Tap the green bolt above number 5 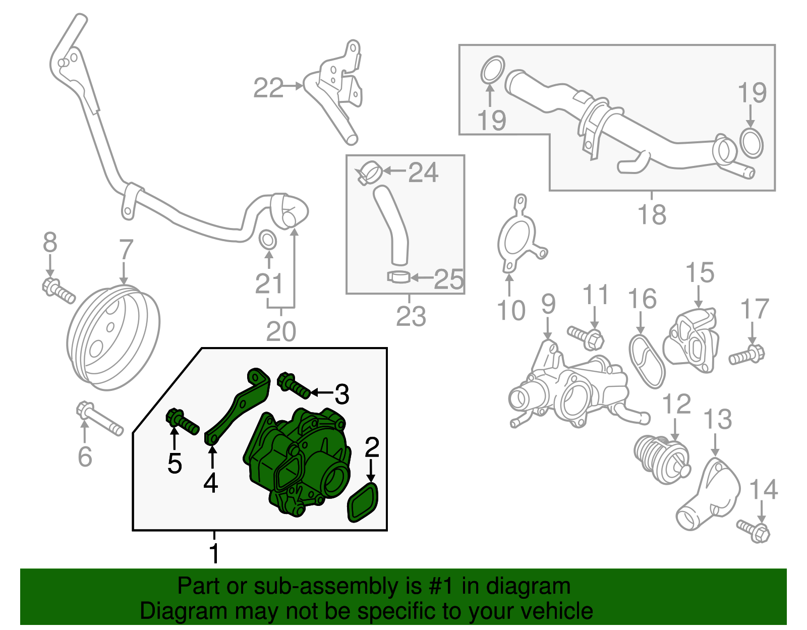click(182, 422)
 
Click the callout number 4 click(211, 483)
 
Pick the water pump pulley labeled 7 click(113, 337)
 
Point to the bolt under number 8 click(59, 291)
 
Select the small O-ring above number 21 click(268, 240)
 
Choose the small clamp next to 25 click(399, 277)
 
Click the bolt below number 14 click(755, 531)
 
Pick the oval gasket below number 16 click(647, 361)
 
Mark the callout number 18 click(652, 214)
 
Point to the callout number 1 click(214, 553)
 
